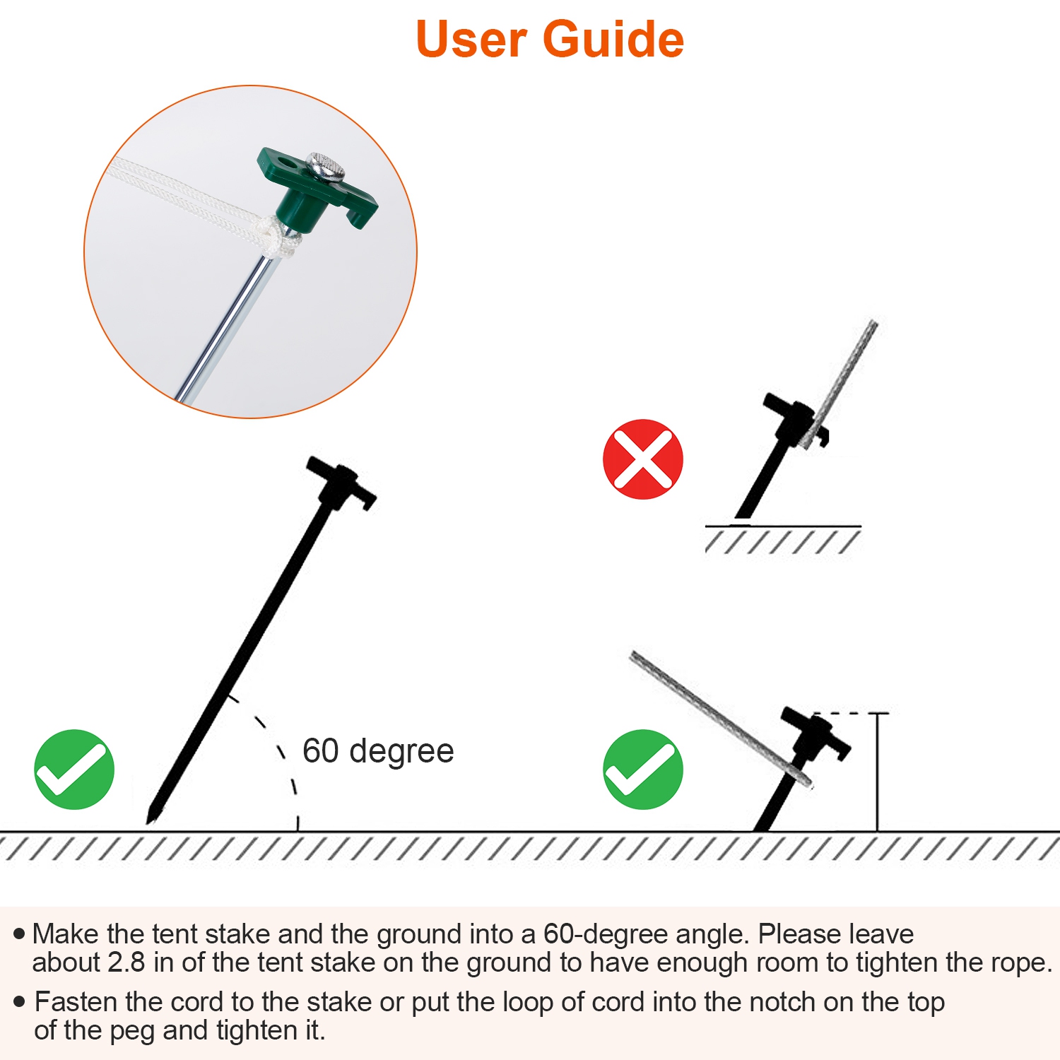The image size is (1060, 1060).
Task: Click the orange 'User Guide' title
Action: click(x=550, y=39)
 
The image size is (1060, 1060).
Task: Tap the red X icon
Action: click(x=643, y=459)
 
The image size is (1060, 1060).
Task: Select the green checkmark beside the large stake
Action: click(x=74, y=770)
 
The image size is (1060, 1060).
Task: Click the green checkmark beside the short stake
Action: click(x=643, y=770)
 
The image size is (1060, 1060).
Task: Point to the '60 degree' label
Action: click(x=378, y=750)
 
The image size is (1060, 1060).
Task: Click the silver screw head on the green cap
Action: click(x=326, y=167)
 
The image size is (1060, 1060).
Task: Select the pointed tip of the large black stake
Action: click(x=148, y=823)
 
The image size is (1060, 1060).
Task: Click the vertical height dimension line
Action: click(x=878, y=772)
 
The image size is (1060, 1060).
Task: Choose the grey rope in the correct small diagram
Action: click(x=721, y=719)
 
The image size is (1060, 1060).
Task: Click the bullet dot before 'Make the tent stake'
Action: click(x=19, y=934)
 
